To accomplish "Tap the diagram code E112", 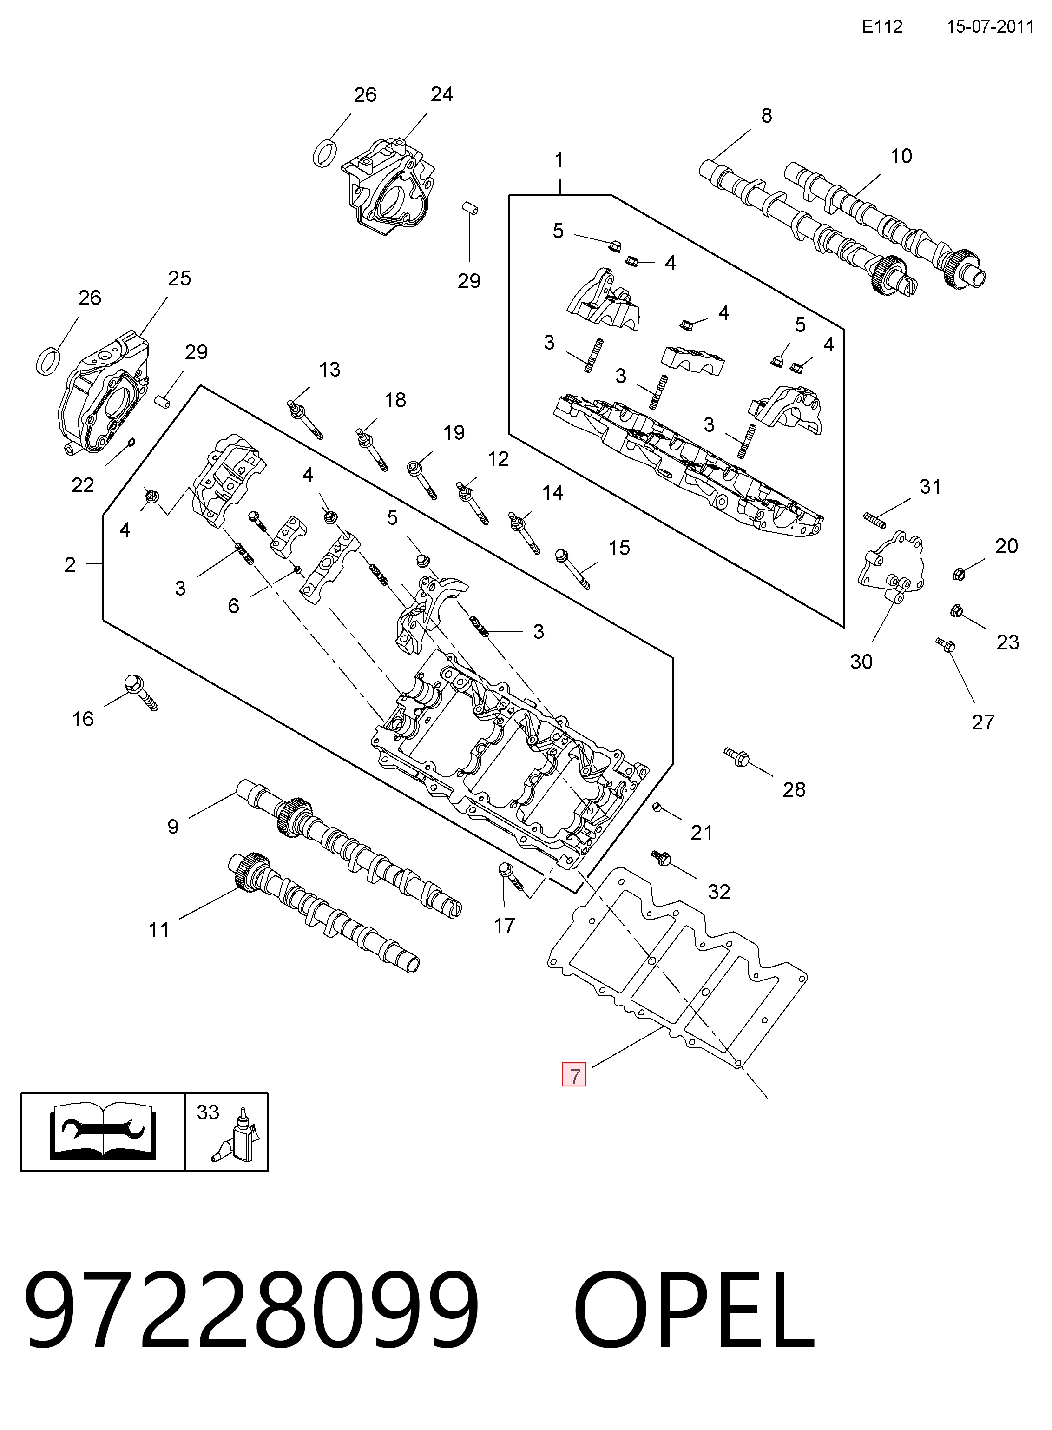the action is tap(882, 27).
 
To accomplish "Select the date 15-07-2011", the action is tap(990, 27).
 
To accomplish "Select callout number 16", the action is tap(83, 719).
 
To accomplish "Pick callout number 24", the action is tap(442, 94).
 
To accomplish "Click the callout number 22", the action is tap(83, 485).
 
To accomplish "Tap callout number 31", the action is tap(930, 487).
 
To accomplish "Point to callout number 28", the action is tap(794, 790).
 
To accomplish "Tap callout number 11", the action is tap(159, 930).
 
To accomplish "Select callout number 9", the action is tap(172, 827).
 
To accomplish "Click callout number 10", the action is tap(901, 156).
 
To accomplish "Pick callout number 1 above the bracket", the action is tap(559, 160).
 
